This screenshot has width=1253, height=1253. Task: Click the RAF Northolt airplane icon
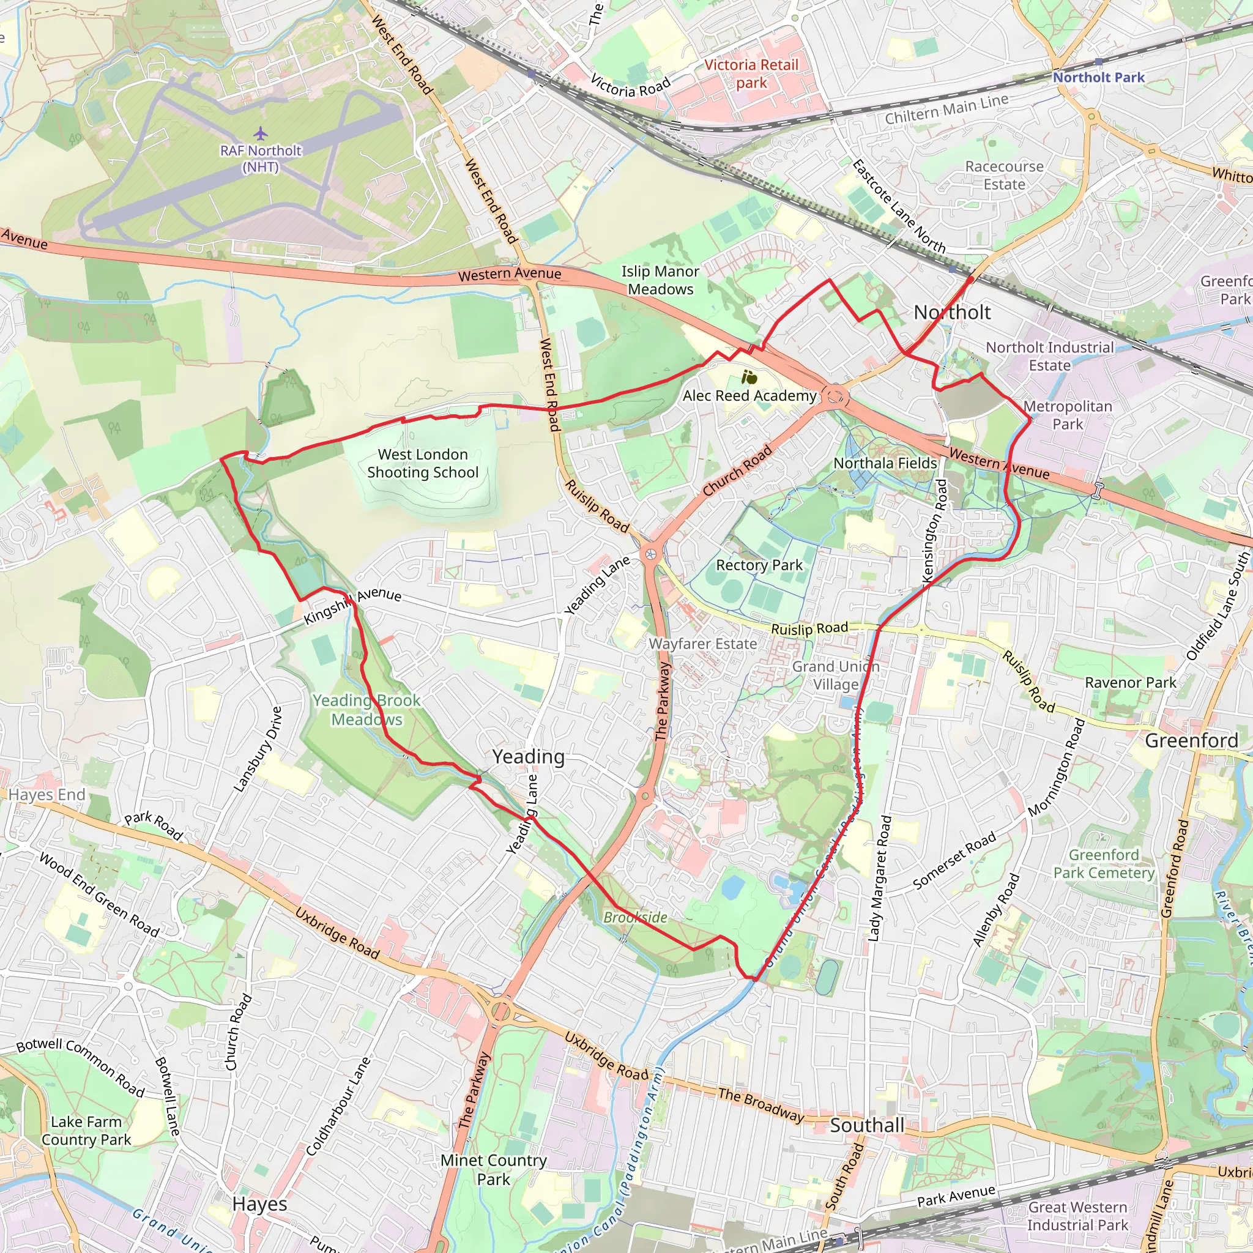pyautogui.click(x=260, y=133)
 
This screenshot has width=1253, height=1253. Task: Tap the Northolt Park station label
pyautogui.click(x=1099, y=77)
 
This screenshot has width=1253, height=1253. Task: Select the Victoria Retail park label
pyautogui.click(x=751, y=74)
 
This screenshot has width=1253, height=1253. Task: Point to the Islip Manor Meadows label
pyautogui.click(x=660, y=280)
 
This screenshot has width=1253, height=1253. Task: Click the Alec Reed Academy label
pyautogui.click(x=749, y=396)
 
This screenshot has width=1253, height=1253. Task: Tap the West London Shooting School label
pyautogui.click(x=423, y=463)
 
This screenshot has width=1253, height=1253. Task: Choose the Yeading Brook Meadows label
pyautogui.click(x=366, y=710)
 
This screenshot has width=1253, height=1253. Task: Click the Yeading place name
pyautogui.click(x=528, y=756)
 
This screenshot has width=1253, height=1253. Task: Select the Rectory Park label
pyautogui.click(x=759, y=565)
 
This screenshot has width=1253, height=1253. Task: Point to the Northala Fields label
pyautogui.click(x=885, y=463)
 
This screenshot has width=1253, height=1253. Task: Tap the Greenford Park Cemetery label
pyautogui.click(x=1104, y=864)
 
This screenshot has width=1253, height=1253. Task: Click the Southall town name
pyautogui.click(x=867, y=1125)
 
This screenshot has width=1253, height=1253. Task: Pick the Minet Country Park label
pyautogui.click(x=494, y=1169)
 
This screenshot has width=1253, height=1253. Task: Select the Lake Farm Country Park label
pyautogui.click(x=86, y=1131)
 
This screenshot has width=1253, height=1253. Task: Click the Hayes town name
pyautogui.click(x=259, y=1203)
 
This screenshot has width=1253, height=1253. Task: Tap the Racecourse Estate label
pyautogui.click(x=1004, y=175)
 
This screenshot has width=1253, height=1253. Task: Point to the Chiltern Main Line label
pyautogui.click(x=947, y=109)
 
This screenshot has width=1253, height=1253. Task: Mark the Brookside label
pyautogui.click(x=635, y=917)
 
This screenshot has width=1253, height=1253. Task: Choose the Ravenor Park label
pyautogui.click(x=1131, y=682)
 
